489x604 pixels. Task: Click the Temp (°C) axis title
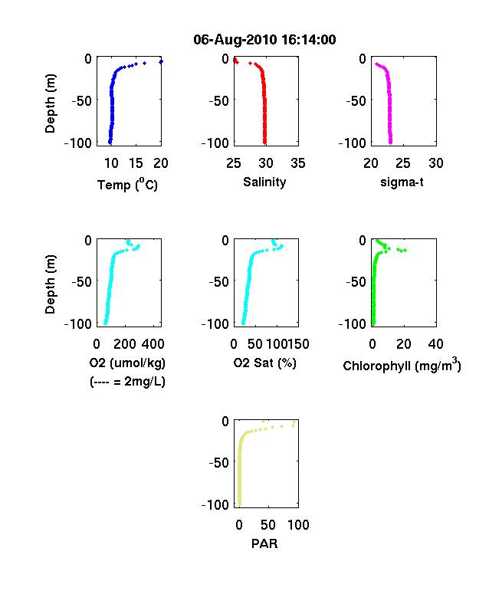pos(127,185)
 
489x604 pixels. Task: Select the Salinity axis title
pos(264,182)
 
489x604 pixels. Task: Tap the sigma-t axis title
pos(402,182)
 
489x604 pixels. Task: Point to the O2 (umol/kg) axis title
pos(127,363)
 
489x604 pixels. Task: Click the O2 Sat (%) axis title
pos(265,363)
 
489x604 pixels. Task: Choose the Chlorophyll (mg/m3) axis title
pos(402,364)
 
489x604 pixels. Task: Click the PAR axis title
pos(264,543)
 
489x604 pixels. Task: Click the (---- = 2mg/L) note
pos(127,382)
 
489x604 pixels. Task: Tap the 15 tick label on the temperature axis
pos(136,163)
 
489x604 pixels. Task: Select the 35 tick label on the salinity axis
pos(298,163)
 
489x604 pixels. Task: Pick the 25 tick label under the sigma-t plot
pos(402,163)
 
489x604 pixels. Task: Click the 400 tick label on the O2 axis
pos(153,344)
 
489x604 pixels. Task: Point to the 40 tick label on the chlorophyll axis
pos(435,344)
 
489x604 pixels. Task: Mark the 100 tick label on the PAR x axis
pos(298,524)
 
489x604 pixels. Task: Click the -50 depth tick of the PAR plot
pos(218,462)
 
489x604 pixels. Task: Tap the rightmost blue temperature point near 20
pos(161,61)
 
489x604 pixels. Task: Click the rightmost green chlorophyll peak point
pos(405,251)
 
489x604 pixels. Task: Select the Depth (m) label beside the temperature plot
pos(50,103)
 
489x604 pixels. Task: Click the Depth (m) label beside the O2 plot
pos(50,284)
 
